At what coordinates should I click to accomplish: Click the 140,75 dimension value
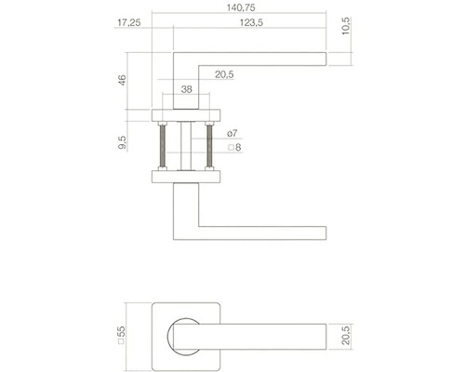click(241, 7)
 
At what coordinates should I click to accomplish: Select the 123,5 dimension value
click(251, 22)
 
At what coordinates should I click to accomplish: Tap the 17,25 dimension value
click(129, 22)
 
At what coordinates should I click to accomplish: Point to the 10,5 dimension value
click(346, 26)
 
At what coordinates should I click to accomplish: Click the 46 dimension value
click(123, 80)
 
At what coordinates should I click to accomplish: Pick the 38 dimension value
click(186, 89)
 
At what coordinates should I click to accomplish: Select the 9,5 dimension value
click(123, 142)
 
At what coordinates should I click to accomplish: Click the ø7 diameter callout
click(232, 133)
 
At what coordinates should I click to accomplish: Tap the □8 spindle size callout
click(234, 148)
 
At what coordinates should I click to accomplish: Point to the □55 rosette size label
click(121, 335)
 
